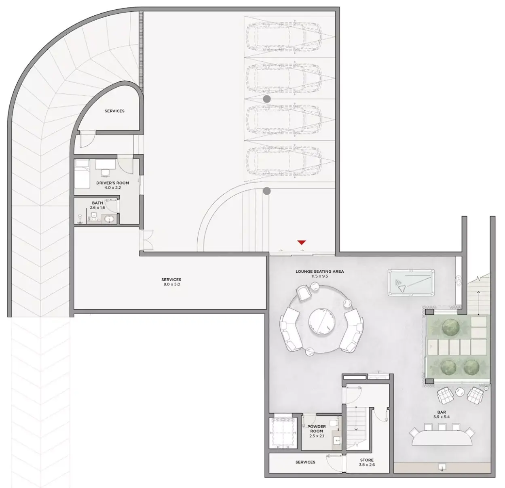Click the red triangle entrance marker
tap(301, 242)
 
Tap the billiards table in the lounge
tap(411, 282)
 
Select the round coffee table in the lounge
tap(322, 322)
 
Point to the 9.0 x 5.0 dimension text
tap(171, 284)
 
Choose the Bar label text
tap(442, 412)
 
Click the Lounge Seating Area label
tap(320, 271)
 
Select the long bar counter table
tap(442, 438)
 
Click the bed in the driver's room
tap(82, 174)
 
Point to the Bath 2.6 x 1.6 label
tap(97, 205)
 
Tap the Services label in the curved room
tap(114, 111)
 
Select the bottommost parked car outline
tap(284, 160)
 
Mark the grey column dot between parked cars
tap(267, 99)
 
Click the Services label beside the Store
tap(305, 462)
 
